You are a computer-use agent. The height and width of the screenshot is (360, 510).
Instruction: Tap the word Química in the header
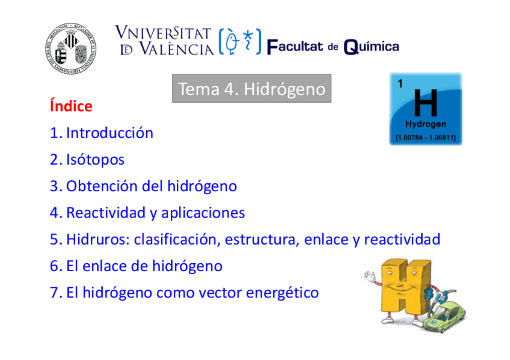click(371, 47)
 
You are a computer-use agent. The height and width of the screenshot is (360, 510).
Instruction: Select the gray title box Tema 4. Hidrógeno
click(251, 89)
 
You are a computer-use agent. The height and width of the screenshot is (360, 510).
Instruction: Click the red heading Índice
click(71, 106)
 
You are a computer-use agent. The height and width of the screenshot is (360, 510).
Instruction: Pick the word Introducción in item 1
click(109, 133)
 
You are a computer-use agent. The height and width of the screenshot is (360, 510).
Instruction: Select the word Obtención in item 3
click(102, 186)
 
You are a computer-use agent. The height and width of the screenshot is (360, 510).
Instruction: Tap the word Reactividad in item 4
click(103, 213)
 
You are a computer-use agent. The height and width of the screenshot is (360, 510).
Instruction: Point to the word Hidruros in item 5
click(96, 239)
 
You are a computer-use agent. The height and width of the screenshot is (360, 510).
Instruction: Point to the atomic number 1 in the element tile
click(400, 84)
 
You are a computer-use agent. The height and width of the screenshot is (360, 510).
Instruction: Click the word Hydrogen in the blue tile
click(426, 125)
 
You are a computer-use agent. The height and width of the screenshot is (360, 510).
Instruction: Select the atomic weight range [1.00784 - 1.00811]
click(426, 138)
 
